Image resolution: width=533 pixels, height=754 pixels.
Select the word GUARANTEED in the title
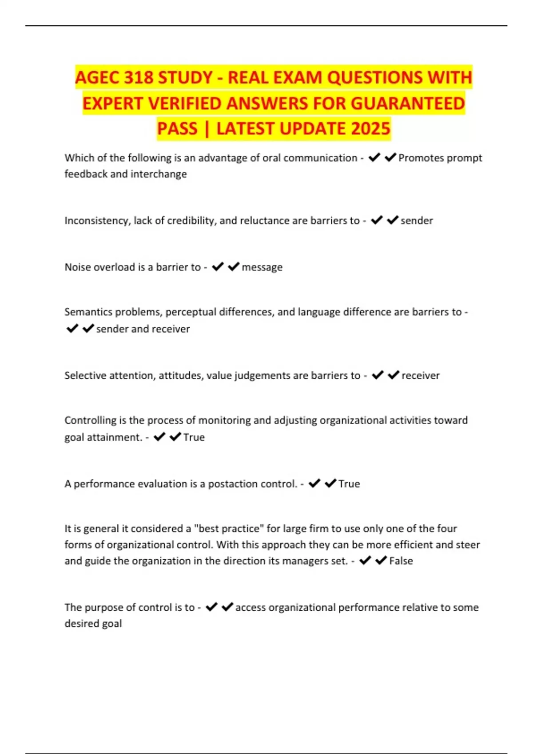[x=408, y=104]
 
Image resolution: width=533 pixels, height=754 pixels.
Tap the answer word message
[x=262, y=267]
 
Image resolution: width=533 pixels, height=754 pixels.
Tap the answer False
[x=401, y=561]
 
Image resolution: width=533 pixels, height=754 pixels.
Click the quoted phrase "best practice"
[x=229, y=528]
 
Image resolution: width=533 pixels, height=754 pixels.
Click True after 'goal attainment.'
[x=194, y=437]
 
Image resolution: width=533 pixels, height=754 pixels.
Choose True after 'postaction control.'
[x=349, y=483]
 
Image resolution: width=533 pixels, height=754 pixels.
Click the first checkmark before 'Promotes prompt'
[x=374, y=157]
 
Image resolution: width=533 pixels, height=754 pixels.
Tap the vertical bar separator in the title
[x=207, y=129]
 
